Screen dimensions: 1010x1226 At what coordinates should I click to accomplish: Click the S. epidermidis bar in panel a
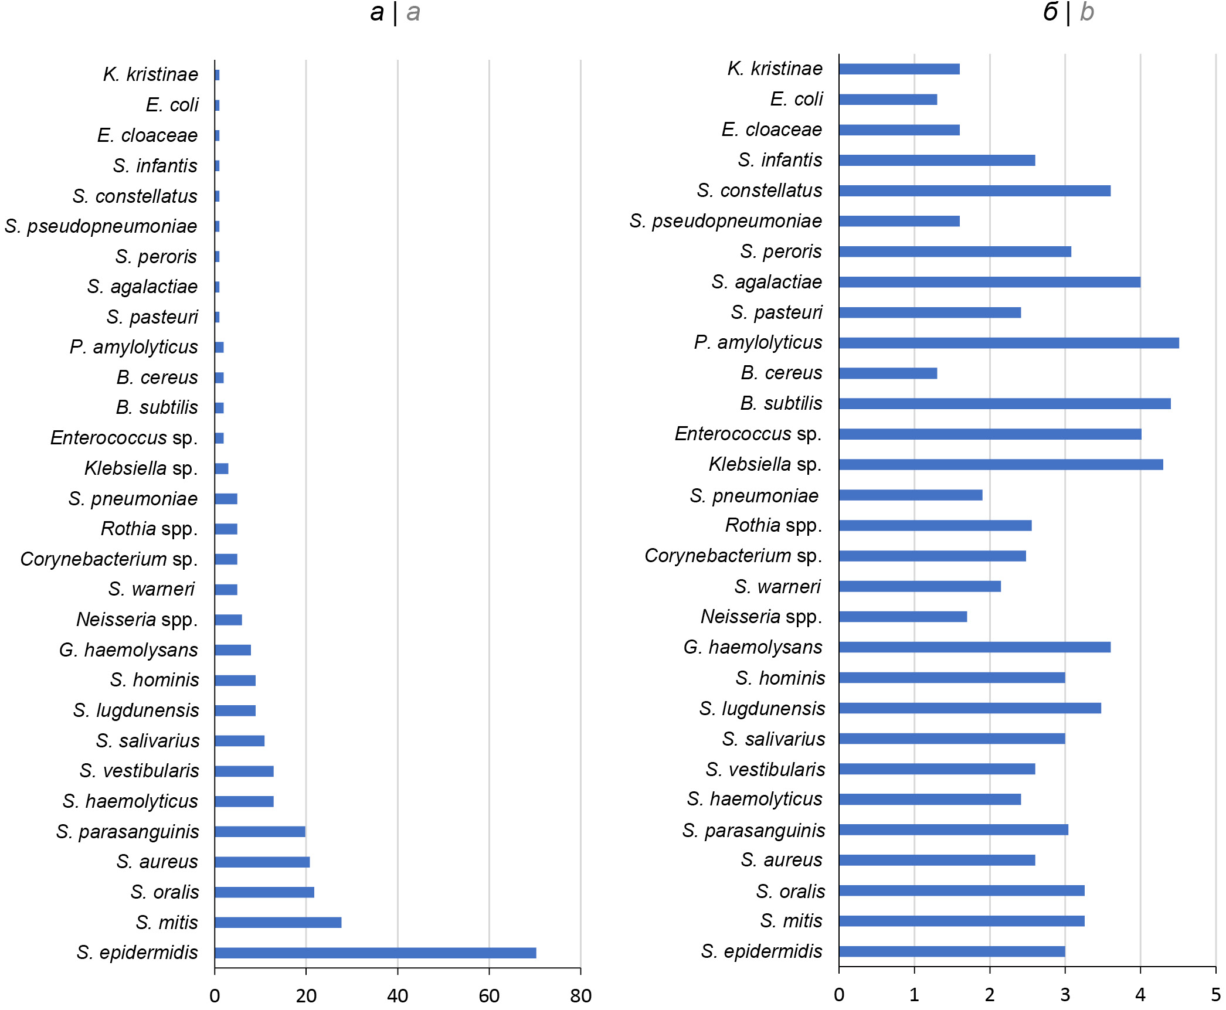click(x=375, y=953)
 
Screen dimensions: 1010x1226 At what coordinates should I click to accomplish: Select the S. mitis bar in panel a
click(x=278, y=922)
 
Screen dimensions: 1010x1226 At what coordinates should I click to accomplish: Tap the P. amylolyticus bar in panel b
click(x=1008, y=343)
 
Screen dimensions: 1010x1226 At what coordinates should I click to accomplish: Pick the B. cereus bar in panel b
click(x=888, y=373)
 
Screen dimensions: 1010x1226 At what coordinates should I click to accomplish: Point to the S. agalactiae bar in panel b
click(x=989, y=282)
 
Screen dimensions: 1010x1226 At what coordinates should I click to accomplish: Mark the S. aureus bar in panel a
click(x=262, y=862)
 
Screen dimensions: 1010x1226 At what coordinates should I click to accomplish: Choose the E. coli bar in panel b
click(x=888, y=100)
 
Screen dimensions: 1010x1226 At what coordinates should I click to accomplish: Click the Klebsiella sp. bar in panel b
click(x=1001, y=464)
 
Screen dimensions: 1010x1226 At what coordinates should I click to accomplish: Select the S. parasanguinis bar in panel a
click(x=260, y=831)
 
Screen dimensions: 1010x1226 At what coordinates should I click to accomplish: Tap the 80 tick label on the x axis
click(x=580, y=995)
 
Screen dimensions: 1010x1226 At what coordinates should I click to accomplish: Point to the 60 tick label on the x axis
click(x=489, y=995)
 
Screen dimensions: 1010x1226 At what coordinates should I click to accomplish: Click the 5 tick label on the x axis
click(x=1215, y=994)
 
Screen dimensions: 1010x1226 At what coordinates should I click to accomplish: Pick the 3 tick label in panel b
click(x=1065, y=994)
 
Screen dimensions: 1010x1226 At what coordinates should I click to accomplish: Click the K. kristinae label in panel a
click(x=151, y=74)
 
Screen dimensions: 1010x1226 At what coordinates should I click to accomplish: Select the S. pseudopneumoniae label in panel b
click(x=725, y=221)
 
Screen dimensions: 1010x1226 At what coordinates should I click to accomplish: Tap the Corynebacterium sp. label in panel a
click(x=109, y=559)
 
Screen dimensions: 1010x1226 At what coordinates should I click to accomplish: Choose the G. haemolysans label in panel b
click(x=753, y=647)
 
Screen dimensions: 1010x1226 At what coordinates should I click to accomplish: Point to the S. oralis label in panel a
click(x=165, y=892)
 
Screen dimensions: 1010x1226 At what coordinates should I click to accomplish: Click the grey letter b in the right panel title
click(x=1086, y=12)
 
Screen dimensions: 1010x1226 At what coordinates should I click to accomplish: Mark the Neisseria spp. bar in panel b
click(x=903, y=617)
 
